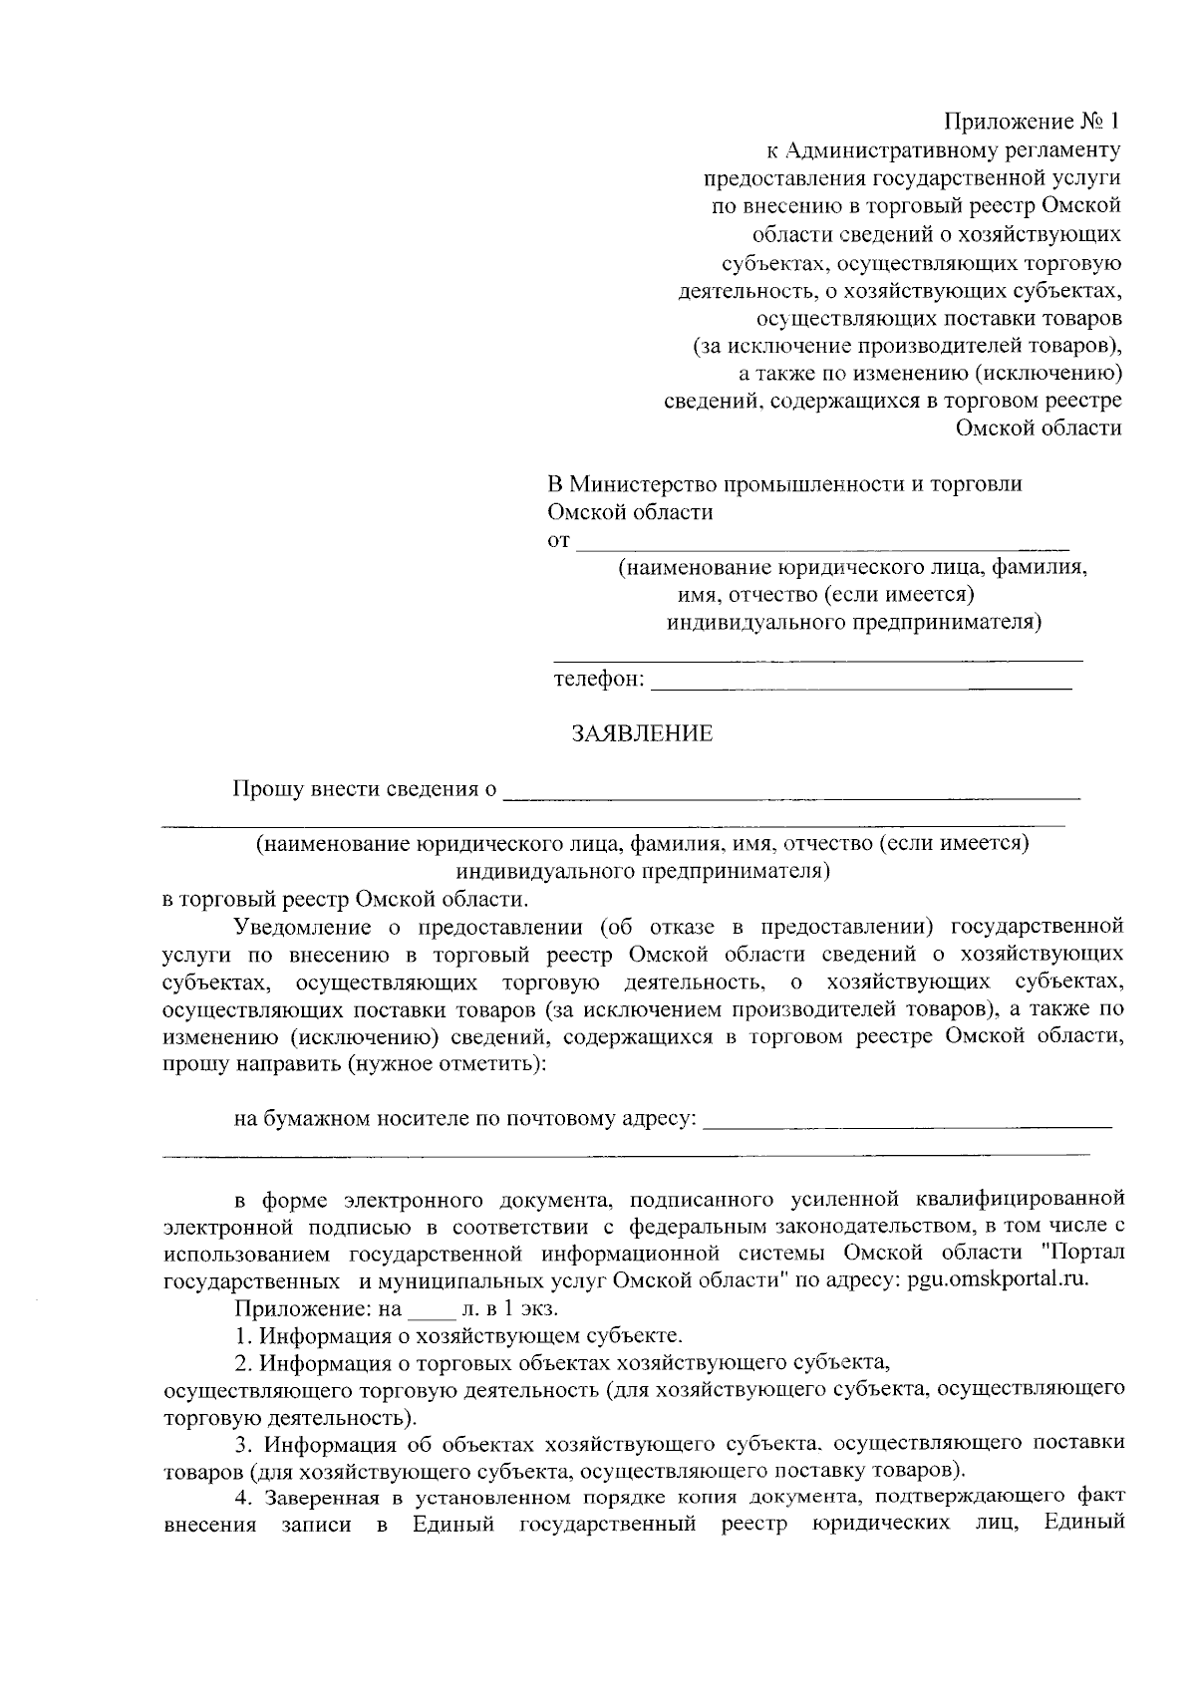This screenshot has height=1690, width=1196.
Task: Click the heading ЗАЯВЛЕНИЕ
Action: (642, 734)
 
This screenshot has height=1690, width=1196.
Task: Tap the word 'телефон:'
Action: (599, 681)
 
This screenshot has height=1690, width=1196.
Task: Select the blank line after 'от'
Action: (823, 544)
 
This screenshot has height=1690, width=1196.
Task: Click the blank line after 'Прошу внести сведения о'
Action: (792, 795)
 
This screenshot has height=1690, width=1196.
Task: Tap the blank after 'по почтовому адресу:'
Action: (907, 1123)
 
